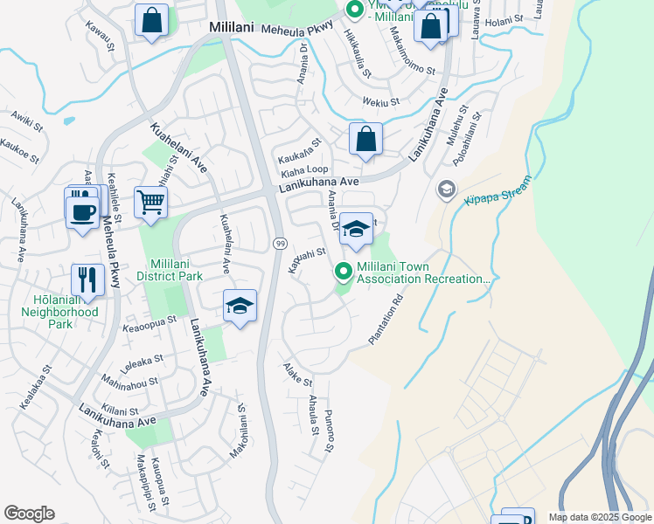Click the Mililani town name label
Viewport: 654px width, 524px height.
point(231,28)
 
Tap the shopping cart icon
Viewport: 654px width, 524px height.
point(151,203)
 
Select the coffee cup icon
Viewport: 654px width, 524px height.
point(82,211)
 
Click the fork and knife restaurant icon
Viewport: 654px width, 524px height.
point(87,279)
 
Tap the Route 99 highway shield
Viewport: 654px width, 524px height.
point(280,242)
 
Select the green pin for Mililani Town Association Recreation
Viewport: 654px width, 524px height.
point(344,272)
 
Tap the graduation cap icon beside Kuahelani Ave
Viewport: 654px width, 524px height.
point(240,307)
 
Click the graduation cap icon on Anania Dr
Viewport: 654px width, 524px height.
point(356,229)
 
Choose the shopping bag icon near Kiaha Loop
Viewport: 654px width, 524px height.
point(365,139)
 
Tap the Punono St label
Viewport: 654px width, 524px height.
point(329,431)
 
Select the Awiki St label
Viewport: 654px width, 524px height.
point(26,121)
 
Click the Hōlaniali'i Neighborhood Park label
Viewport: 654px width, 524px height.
point(48,311)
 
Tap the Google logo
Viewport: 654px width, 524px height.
point(30,514)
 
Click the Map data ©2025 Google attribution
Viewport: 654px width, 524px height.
point(600,516)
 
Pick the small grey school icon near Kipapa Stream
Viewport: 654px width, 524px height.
point(446,190)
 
